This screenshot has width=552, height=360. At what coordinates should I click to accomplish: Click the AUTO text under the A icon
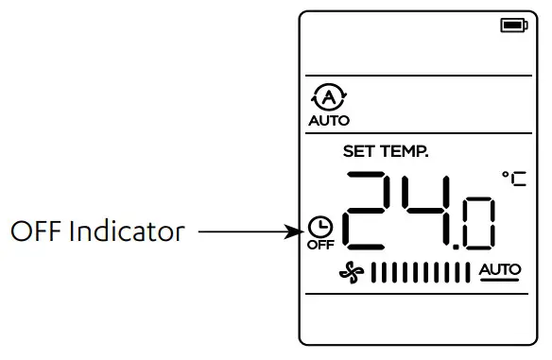coord(329,120)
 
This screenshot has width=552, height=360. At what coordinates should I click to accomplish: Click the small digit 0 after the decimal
coord(478,223)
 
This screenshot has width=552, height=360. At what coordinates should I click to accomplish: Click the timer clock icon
coord(319,228)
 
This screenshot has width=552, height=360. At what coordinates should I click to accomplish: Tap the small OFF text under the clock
coord(319,246)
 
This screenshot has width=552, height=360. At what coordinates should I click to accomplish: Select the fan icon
coord(352,273)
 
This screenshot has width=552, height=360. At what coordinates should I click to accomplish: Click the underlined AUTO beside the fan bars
coord(499,271)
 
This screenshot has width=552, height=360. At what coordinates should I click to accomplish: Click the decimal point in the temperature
coord(458,248)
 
